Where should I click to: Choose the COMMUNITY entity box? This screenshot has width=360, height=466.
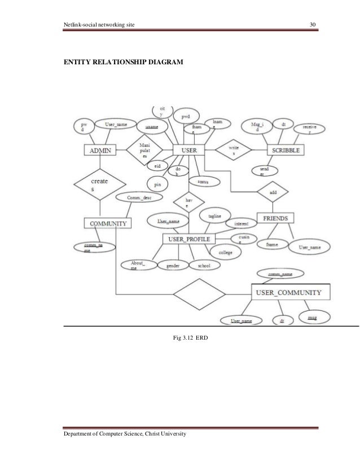coord(108,223)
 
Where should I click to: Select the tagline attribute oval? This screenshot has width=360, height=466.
coord(214,216)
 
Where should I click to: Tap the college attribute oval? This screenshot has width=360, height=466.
coord(225,253)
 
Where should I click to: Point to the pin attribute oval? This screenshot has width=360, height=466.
coord(157,184)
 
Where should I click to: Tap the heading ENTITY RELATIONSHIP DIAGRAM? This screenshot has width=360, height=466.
coord(123,59)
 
